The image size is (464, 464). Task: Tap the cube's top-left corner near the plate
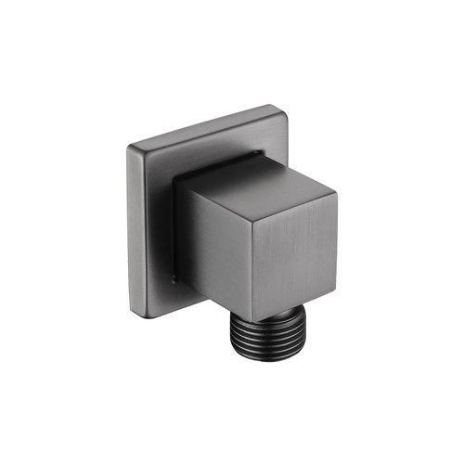(x=182, y=182)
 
